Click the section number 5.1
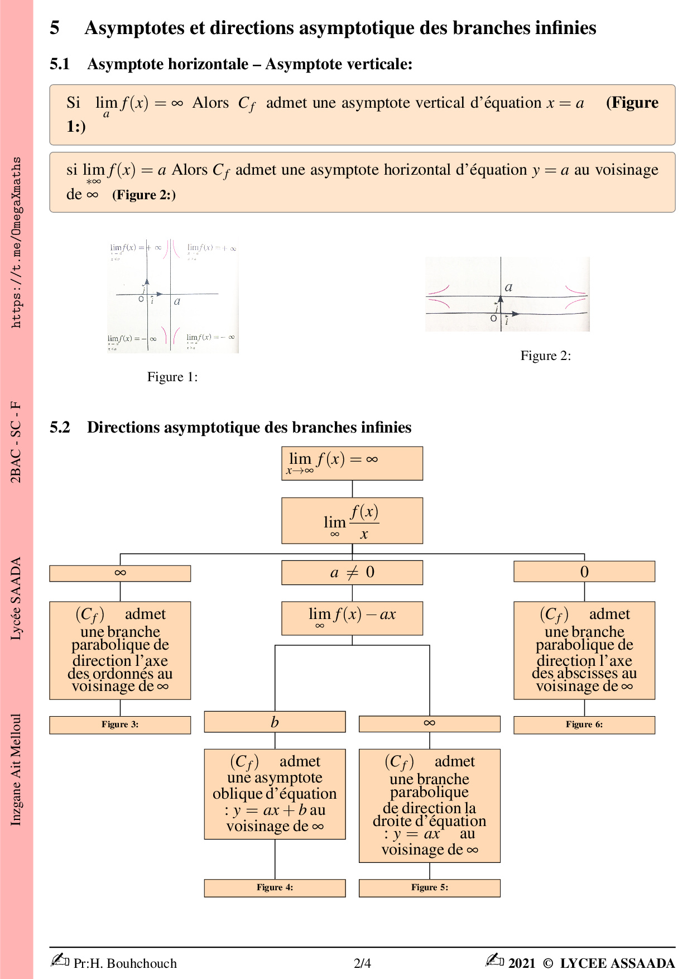point(60,64)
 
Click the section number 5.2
point(60,428)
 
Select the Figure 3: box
point(120,724)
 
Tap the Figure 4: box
point(275,887)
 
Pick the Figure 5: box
point(429,887)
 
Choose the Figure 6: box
point(584,724)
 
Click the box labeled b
point(275,722)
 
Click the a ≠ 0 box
point(352,573)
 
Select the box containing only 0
point(584,572)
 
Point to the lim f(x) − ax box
point(352,618)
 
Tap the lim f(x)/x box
point(352,521)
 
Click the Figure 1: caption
point(172,377)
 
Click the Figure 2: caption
point(545,356)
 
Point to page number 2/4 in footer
point(362,963)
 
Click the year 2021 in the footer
point(522,963)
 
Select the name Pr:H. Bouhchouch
point(125,963)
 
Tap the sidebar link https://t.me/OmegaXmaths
point(16,242)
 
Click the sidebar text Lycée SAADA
point(16,598)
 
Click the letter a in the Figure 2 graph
point(508,287)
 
